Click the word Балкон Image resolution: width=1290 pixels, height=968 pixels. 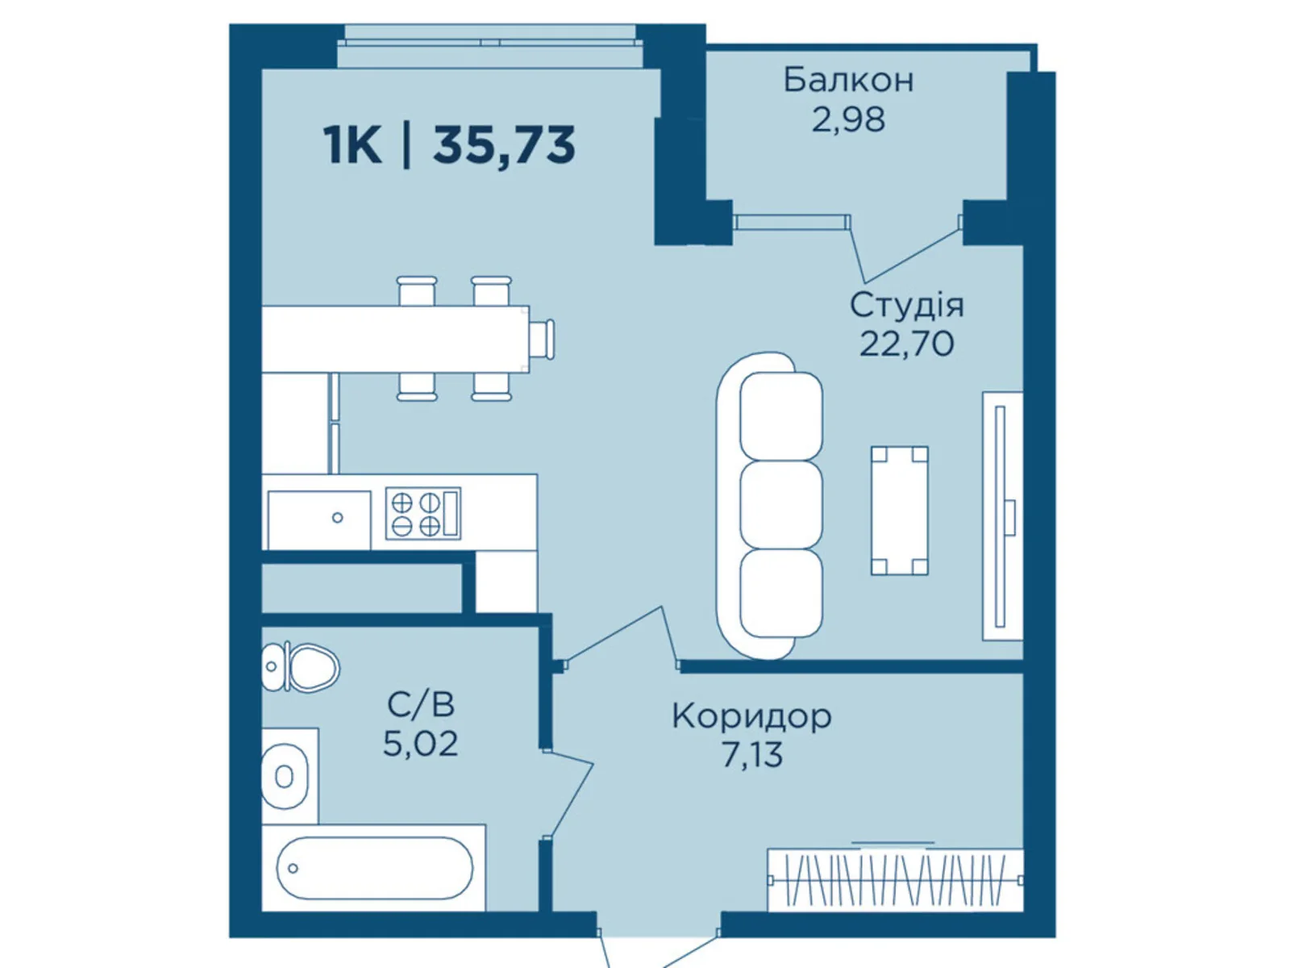pos(848,81)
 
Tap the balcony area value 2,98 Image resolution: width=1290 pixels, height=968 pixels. pos(848,119)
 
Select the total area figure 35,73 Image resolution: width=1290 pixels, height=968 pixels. pos(504,146)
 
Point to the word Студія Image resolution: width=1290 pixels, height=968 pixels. pos(906,305)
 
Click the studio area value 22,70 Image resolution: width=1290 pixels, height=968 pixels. pos(906,344)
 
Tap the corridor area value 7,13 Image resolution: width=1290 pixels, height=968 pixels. pos(751,755)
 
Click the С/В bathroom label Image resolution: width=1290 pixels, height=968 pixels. pos(421,704)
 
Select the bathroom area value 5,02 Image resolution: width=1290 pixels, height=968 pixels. pos(421,744)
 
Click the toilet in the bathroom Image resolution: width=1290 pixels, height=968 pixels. pos(300,667)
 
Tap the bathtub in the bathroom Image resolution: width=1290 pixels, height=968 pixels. pos(374,867)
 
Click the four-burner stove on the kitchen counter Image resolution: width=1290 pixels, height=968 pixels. pos(423,513)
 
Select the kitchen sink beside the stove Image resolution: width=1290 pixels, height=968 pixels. pos(319,519)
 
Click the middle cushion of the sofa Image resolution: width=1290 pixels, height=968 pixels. pos(781,505)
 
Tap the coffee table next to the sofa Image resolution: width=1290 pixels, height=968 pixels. pos(900,510)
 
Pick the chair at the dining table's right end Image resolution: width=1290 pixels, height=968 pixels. pos(542,339)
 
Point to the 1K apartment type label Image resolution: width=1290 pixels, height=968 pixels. pos(352,146)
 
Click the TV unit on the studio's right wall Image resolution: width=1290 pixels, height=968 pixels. pos(1003,516)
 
